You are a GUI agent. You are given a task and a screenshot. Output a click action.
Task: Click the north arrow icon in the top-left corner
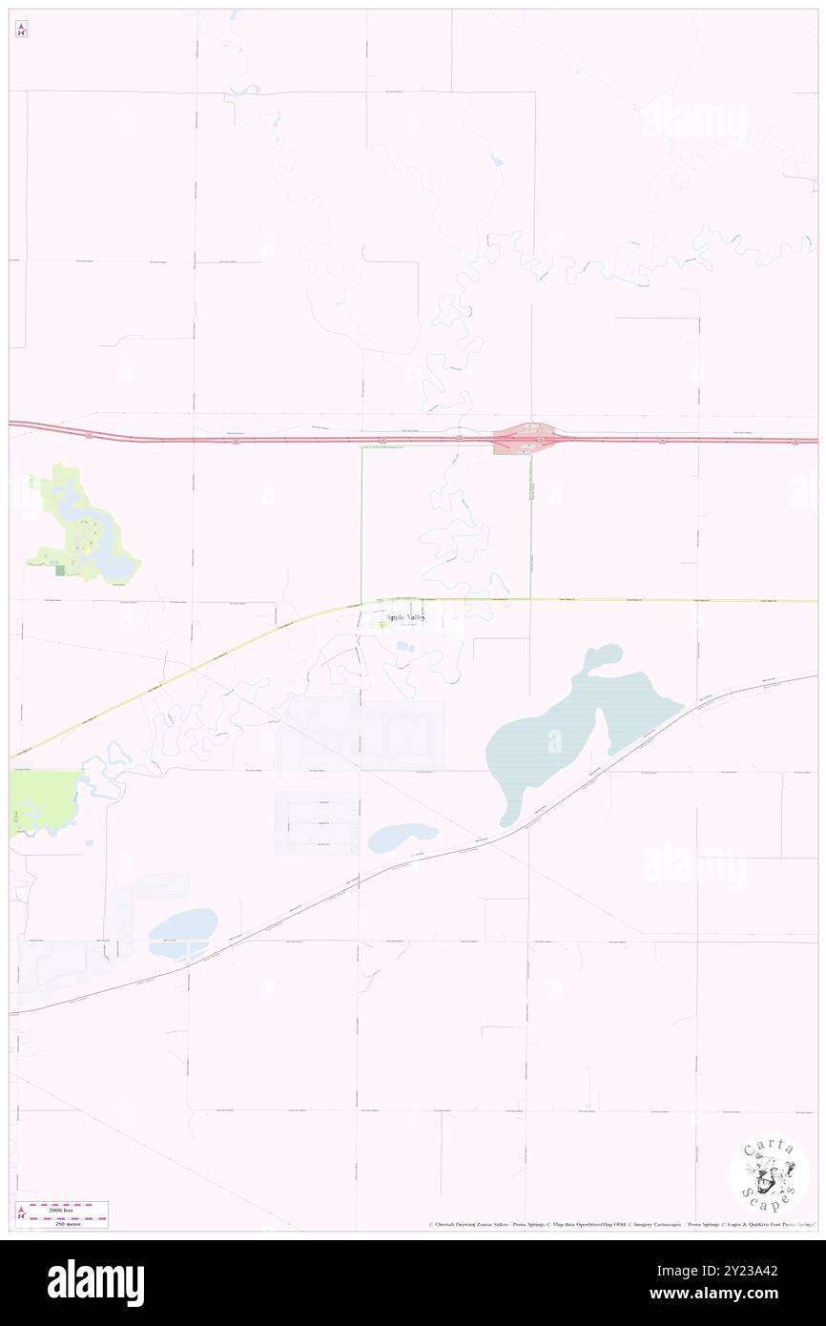tap(21, 30)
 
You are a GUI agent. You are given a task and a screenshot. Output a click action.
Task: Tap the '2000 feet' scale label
tap(62, 1207)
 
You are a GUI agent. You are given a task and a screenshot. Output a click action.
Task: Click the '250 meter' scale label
tap(62, 1223)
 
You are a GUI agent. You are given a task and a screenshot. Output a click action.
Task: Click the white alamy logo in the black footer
tap(95, 1283)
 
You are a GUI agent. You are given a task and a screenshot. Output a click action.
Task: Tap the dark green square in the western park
tap(60, 570)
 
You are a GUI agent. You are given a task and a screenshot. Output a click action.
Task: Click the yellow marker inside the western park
tap(87, 549)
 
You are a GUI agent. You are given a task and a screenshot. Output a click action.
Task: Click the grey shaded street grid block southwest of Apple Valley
tap(362, 735)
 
